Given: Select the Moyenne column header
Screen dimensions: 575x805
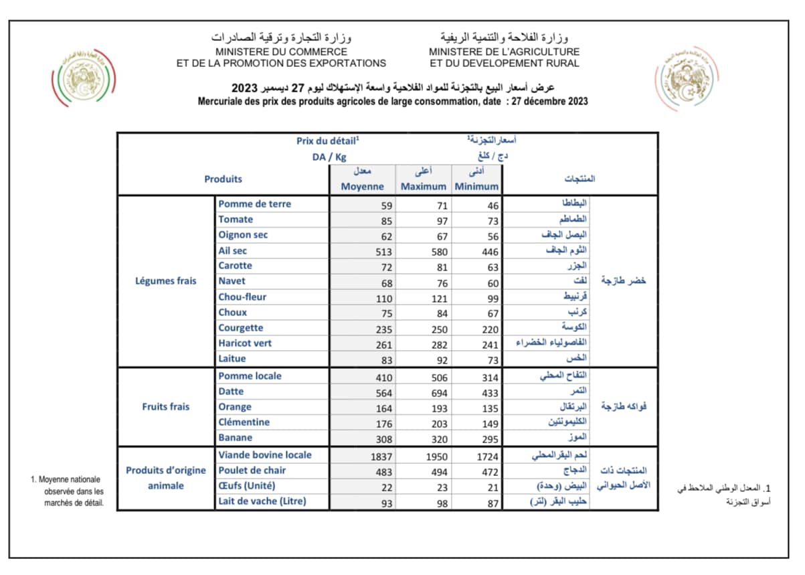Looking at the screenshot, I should tap(362, 187).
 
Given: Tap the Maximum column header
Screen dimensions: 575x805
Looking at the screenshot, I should tap(423, 187).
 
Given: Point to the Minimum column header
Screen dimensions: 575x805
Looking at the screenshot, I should tap(476, 187).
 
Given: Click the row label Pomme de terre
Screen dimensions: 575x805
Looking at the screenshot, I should tap(254, 204).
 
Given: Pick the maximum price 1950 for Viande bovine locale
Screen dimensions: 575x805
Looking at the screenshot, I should tap(436, 456).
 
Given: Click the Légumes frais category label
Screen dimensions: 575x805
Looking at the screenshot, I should tap(166, 281).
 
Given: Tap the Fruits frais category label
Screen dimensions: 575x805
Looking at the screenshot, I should tap(166, 407).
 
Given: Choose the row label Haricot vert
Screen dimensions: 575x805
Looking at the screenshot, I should tap(245, 343).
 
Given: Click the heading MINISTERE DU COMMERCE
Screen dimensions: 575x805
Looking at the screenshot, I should tap(281, 52).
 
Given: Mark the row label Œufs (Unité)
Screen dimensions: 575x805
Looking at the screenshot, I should tap(247, 486).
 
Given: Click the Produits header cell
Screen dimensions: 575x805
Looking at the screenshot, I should tap(223, 179).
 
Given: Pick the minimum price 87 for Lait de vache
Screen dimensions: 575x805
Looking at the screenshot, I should tap(493, 503).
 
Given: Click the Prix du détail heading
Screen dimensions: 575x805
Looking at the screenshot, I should tap(328, 141).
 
